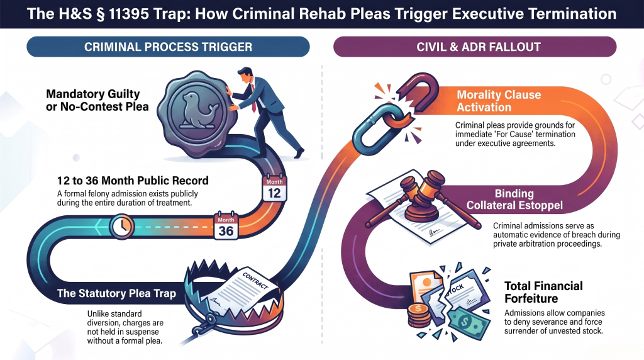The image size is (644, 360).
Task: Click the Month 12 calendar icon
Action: point(274,189)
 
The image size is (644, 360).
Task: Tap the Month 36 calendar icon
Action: point(226,225)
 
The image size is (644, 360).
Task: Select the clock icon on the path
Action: point(122,227)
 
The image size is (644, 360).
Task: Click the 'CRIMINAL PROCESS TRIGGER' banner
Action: point(168,47)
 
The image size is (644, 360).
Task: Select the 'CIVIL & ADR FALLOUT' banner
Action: point(475,47)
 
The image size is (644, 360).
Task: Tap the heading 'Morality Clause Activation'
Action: point(499,101)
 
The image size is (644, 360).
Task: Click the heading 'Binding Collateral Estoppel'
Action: point(514,200)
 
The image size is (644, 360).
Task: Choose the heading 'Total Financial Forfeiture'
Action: point(543,292)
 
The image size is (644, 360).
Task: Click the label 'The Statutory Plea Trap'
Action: point(116,293)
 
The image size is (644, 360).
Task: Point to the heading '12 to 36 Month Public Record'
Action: point(133,181)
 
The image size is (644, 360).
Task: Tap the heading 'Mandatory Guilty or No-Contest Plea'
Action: point(97,100)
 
